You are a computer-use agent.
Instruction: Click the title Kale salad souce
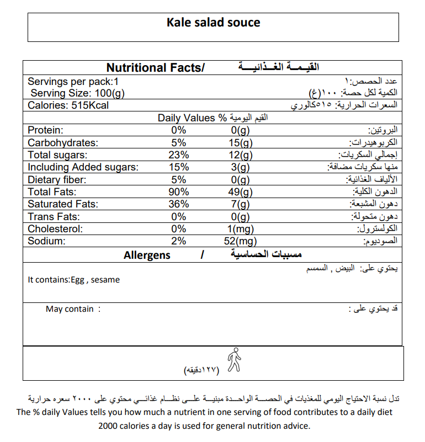[213, 23]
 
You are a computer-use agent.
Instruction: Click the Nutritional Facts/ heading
[155, 68]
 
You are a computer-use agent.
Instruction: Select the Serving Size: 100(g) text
[77, 93]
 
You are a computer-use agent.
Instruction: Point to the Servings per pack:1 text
[73, 81]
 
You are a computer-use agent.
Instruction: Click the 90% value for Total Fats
[179, 192]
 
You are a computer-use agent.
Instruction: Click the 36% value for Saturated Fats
[179, 204]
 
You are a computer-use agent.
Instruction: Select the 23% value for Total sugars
[179, 155]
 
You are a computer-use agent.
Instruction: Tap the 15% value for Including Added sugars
[179, 167]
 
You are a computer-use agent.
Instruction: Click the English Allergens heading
[147, 255]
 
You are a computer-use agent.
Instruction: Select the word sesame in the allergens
[105, 280]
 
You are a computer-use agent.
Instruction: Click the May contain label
[70, 309]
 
